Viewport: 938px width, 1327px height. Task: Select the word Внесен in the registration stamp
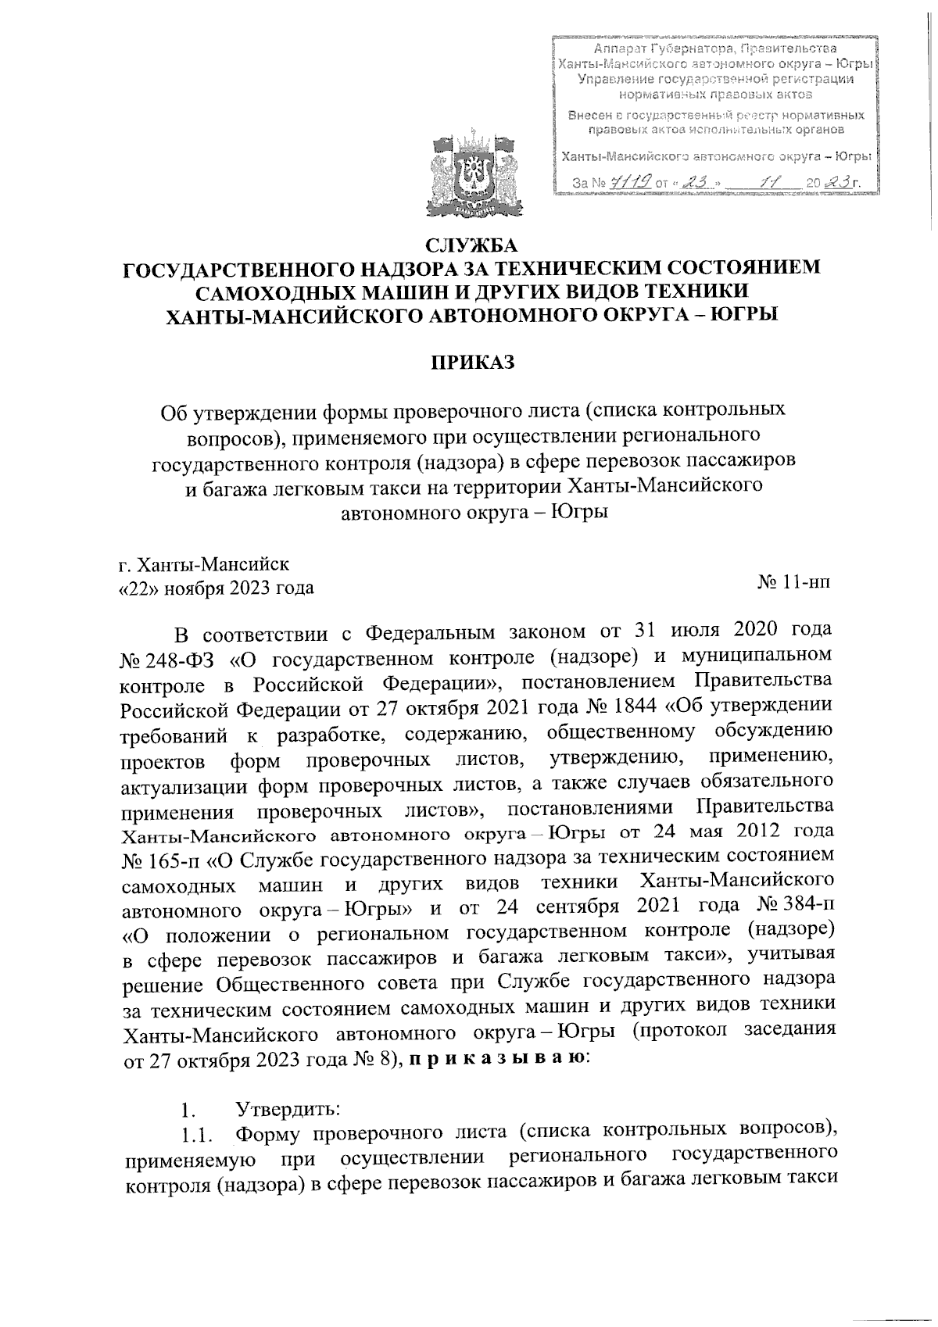pyautogui.click(x=591, y=116)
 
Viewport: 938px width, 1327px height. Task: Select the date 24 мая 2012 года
pyautogui.click(x=729, y=835)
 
